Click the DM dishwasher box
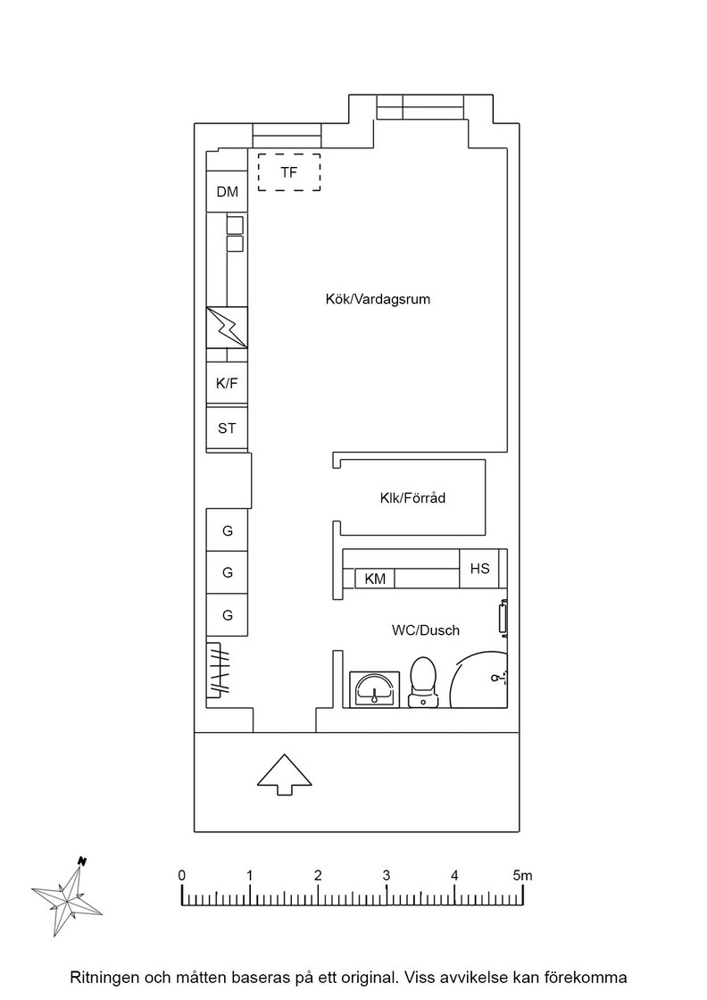(x=227, y=191)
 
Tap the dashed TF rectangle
(x=289, y=154)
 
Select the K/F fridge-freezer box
(x=227, y=383)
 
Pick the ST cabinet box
(x=227, y=429)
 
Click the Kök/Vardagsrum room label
(x=378, y=299)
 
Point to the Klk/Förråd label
(x=412, y=498)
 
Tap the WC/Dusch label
(x=425, y=630)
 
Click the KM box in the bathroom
(x=375, y=579)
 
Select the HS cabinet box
(x=479, y=568)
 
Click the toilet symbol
(x=424, y=682)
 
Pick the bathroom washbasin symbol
(x=374, y=689)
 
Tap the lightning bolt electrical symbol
(x=227, y=327)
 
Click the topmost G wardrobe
(x=227, y=530)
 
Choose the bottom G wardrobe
(x=227, y=615)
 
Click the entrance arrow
(x=285, y=774)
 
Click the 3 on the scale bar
(x=387, y=875)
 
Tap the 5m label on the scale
(x=522, y=875)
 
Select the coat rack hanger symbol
(x=219, y=670)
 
